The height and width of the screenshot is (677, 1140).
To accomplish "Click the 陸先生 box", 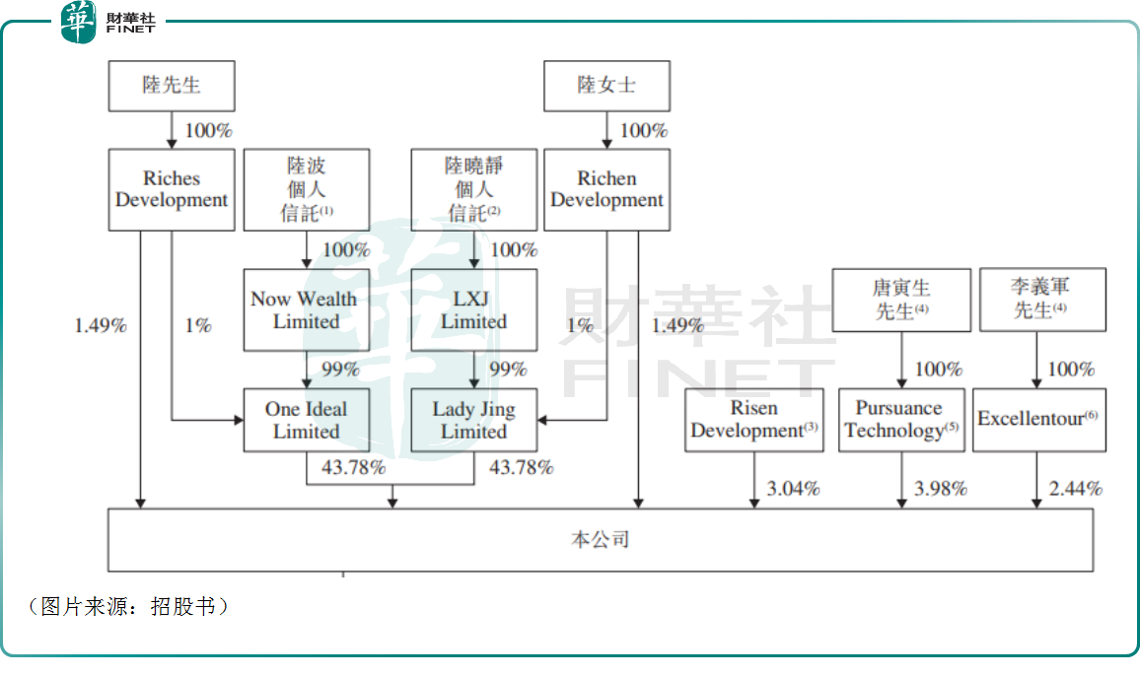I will tap(172, 86).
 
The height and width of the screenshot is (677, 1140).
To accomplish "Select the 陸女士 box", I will tap(606, 86).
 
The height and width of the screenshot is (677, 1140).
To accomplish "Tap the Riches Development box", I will tap(172, 189).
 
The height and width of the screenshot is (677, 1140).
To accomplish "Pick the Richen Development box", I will tap(606, 189).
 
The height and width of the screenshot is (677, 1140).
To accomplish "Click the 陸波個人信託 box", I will tap(307, 189).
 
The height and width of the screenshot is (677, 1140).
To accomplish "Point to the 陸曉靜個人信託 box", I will tap(474, 189).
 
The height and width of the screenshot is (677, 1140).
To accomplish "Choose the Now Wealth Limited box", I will tap(307, 309).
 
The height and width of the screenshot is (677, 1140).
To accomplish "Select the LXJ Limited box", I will tap(474, 309).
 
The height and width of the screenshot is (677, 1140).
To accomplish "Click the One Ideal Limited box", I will tap(307, 420).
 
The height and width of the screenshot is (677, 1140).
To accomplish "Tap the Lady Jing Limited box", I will tap(474, 420).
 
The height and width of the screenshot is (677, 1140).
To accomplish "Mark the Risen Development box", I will tap(754, 420).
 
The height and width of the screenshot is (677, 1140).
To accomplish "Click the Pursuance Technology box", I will tap(901, 420).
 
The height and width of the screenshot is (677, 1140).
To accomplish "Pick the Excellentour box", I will tap(1038, 420).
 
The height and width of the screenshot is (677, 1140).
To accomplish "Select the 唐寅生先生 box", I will tap(901, 300).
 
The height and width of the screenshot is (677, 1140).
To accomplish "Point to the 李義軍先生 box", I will tap(1039, 300).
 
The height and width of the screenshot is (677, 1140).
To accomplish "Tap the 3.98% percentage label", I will tap(940, 488).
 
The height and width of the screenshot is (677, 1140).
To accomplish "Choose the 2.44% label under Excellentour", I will tap(1076, 488).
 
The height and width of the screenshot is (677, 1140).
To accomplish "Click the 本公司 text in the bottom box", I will tap(600, 539).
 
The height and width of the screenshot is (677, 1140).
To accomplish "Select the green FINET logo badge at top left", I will tap(78, 22).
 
